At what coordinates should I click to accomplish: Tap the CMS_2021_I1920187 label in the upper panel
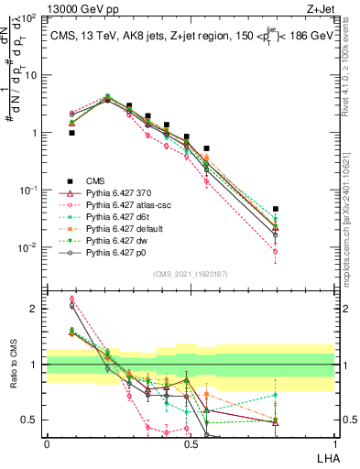(191, 274)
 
